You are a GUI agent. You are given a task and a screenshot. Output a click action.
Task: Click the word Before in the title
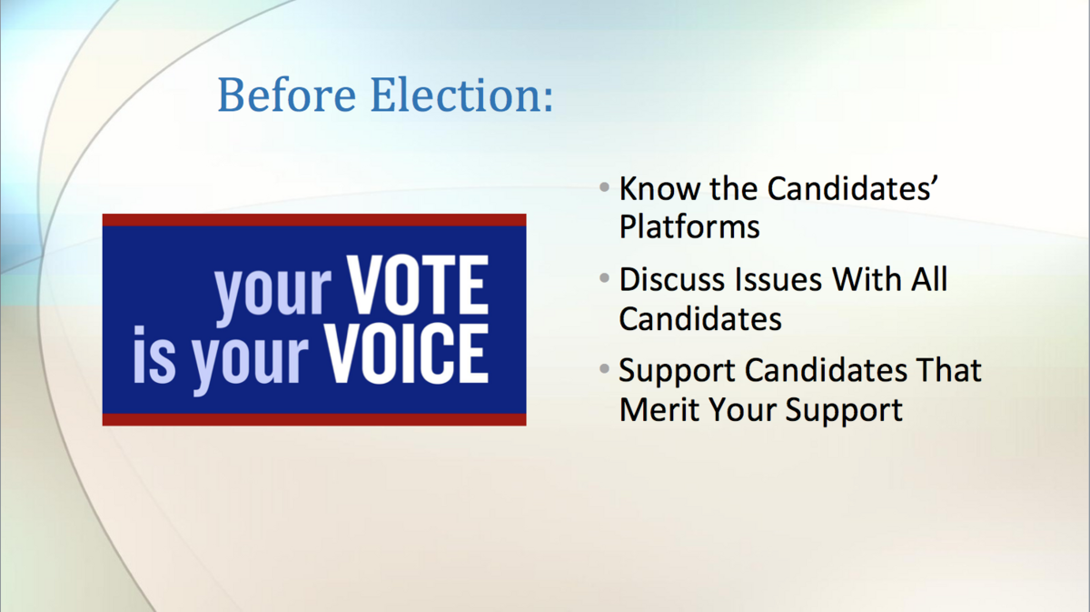pos(287,95)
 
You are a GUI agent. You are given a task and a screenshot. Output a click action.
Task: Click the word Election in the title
pos(455,95)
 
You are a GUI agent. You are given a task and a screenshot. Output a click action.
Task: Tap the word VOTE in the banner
pos(418,285)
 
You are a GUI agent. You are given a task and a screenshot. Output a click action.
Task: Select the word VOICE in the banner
pos(407,353)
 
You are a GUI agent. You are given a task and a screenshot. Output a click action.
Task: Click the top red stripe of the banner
pos(314,220)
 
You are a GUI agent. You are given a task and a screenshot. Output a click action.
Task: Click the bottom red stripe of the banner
pos(314,419)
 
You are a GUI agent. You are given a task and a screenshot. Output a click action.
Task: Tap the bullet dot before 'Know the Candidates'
pos(604,187)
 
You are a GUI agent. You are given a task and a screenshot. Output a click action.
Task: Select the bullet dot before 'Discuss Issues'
pos(604,278)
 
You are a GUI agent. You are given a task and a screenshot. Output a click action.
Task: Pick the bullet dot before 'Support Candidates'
pos(604,369)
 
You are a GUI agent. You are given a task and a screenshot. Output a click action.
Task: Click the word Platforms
pos(689,226)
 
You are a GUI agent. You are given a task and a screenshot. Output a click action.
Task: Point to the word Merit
pos(659,409)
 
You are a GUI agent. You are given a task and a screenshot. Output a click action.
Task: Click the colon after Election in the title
pos(548,99)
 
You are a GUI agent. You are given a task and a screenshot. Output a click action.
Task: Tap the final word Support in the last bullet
pos(844,411)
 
